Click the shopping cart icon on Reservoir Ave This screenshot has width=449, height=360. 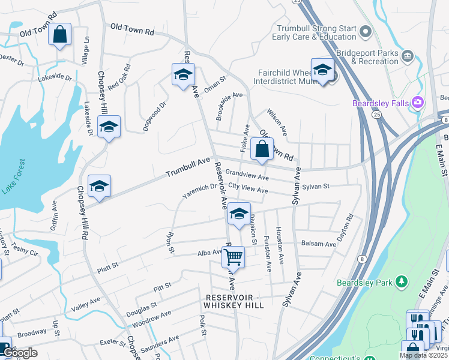233,257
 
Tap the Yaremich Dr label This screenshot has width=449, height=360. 200,189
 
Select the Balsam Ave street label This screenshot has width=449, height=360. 319,244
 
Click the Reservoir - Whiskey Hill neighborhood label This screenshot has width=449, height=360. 243,301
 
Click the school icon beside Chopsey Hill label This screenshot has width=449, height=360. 109,127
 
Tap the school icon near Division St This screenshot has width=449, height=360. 239,214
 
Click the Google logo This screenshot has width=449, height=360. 20,353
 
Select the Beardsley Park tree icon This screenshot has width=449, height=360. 402,281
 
